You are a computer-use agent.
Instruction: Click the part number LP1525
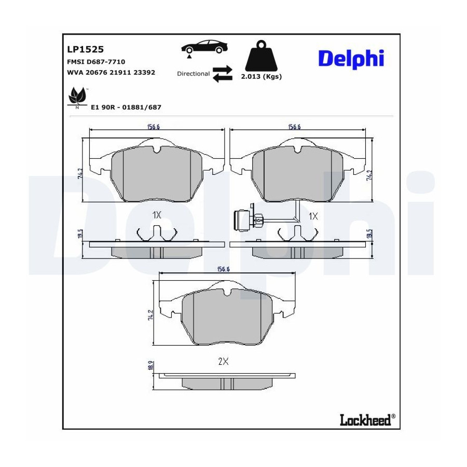click(85, 49)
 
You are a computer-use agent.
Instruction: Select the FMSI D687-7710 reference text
click(96, 62)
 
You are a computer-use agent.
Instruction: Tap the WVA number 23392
click(144, 72)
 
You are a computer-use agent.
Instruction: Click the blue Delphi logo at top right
click(351, 59)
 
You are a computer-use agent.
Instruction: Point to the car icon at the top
click(204, 47)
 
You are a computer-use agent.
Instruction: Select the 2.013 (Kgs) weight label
click(261, 77)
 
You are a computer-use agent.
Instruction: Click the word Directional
click(194, 74)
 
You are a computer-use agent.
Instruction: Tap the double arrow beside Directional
click(223, 74)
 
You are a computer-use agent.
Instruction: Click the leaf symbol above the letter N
click(78, 96)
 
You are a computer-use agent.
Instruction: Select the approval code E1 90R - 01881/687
click(126, 107)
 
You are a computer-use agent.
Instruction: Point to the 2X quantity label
click(223, 362)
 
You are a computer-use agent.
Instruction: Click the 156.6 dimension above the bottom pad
click(223, 269)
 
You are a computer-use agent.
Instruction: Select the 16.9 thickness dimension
click(150, 366)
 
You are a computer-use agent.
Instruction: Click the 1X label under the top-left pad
click(157, 215)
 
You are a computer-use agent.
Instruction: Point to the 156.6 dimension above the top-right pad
click(294, 127)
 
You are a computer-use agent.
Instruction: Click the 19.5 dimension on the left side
click(80, 234)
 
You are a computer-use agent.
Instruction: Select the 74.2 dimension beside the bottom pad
click(150, 315)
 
